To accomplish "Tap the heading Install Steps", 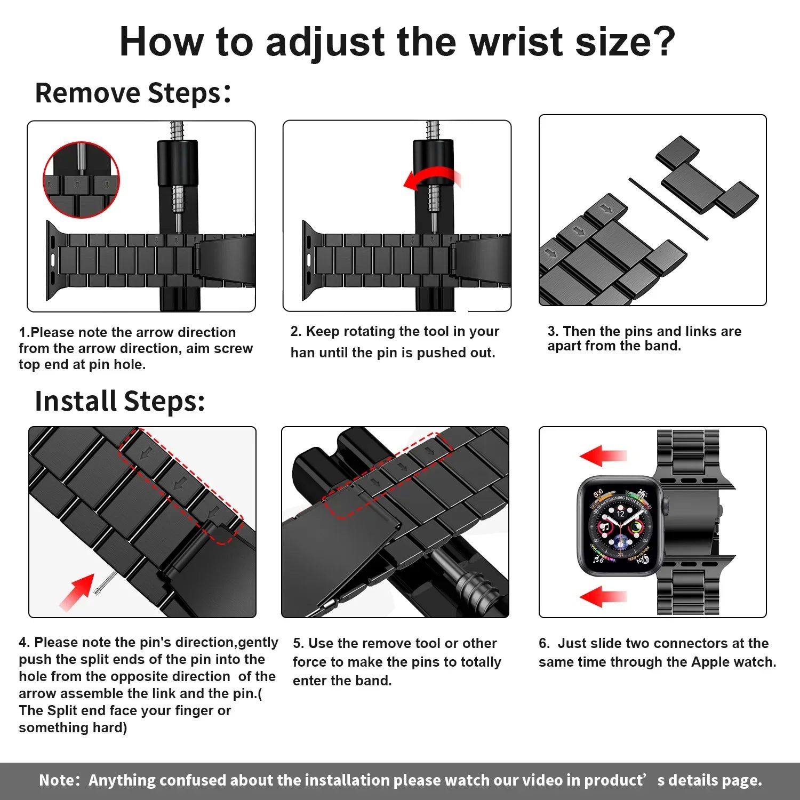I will pyautogui.click(x=119, y=401).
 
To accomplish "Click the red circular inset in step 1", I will pyautogui.click(x=81, y=180).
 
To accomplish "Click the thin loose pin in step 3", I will pyautogui.click(x=668, y=209).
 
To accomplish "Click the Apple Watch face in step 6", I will pyautogui.click(x=620, y=526).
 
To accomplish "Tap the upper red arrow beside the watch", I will pyautogui.click(x=603, y=456).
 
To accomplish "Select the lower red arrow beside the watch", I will pyautogui.click(x=603, y=596).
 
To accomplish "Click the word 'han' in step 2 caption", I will pyautogui.click(x=302, y=353).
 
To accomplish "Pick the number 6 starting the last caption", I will pyautogui.click(x=543, y=643).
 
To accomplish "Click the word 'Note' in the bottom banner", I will pyautogui.click(x=58, y=780).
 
